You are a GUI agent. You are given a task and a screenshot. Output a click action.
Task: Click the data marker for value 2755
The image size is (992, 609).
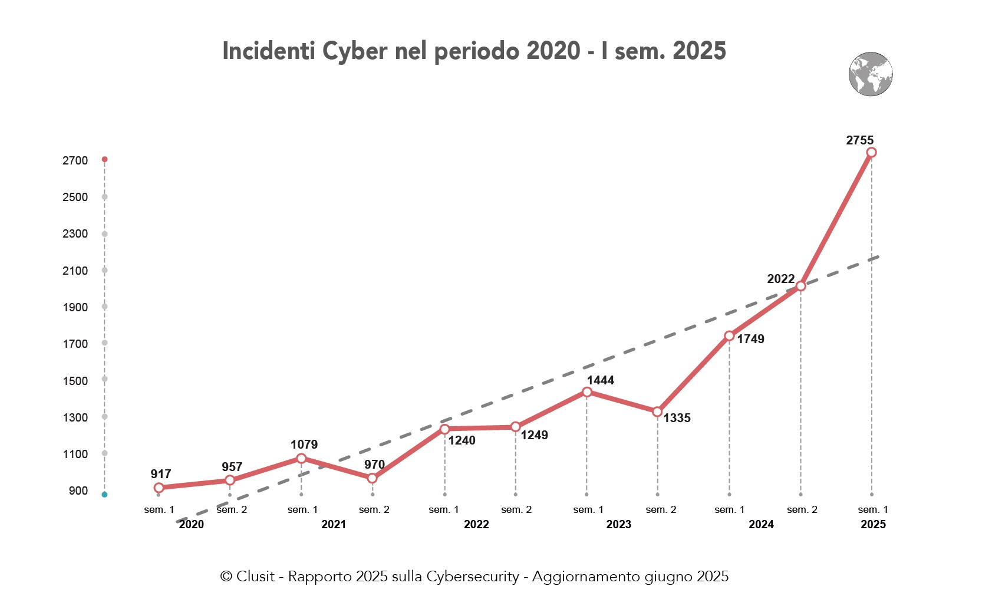click(x=871, y=153)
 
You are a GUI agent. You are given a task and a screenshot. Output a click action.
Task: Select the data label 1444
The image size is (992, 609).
click(x=600, y=380)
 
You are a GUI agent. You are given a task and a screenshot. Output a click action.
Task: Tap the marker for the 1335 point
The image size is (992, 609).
click(x=657, y=412)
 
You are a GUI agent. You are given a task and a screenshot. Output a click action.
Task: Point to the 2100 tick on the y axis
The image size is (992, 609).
click(x=75, y=271)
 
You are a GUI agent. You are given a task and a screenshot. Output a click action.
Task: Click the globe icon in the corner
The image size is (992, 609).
click(x=871, y=74)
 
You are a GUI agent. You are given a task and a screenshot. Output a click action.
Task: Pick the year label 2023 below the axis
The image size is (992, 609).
click(x=618, y=524)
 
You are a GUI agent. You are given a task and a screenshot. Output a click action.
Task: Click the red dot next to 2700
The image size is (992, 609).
click(x=104, y=159)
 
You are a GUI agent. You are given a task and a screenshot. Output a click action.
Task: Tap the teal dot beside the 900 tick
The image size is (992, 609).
click(x=104, y=495)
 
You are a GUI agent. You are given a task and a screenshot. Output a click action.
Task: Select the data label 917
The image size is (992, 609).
click(x=160, y=474)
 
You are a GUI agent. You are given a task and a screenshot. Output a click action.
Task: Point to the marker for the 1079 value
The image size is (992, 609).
click(x=301, y=458)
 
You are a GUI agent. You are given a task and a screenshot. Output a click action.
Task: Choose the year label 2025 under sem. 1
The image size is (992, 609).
click(x=872, y=524)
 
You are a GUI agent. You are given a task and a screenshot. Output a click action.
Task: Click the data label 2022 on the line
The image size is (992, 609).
click(x=780, y=279)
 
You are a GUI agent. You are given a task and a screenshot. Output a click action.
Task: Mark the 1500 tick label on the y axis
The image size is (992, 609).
click(x=75, y=381)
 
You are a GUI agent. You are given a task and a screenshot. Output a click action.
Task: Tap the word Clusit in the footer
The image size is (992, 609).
click(x=255, y=577)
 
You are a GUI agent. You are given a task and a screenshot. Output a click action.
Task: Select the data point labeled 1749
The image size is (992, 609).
click(x=729, y=336)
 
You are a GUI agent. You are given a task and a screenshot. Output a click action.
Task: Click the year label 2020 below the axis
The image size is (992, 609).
click(x=191, y=524)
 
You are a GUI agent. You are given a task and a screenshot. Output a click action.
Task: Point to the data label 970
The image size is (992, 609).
click(x=374, y=465)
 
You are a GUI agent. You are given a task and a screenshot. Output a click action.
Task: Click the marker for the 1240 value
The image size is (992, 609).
click(x=444, y=429)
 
